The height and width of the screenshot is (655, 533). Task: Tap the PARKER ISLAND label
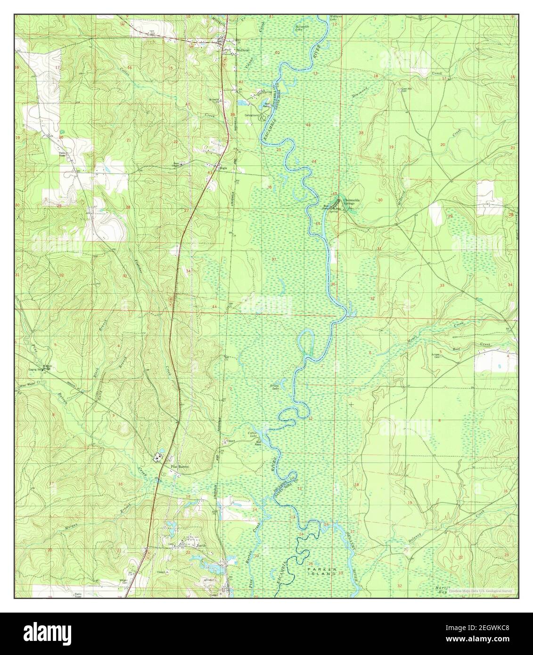pos(322,572)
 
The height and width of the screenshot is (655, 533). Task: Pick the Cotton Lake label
pos(253,435)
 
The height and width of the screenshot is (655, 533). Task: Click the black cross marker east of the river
pos(351,404)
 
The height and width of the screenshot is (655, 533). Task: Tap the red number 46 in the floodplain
pos(308,125)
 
